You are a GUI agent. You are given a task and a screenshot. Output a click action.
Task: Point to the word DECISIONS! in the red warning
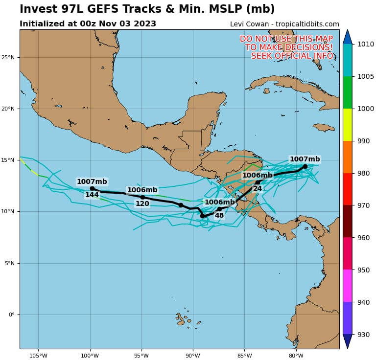click(x=309, y=47)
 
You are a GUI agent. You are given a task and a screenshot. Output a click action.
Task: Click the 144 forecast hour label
click(x=92, y=195)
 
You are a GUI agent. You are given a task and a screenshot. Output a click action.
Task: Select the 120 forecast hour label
click(x=142, y=203)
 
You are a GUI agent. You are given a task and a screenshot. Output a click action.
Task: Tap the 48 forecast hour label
click(x=219, y=215)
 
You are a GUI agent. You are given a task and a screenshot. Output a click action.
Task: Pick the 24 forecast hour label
click(x=258, y=188)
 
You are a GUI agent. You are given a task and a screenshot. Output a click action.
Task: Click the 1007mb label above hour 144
click(x=92, y=181)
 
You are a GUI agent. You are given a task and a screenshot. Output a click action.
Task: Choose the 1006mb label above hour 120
click(x=142, y=190)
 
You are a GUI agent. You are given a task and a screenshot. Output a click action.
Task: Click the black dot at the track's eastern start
click(x=305, y=166)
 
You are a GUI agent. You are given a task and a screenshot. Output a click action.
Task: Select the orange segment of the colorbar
click(x=347, y=157)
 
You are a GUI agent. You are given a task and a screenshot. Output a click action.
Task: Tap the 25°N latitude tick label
click(x=8, y=57)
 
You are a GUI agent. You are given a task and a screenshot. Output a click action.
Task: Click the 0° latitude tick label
click(x=11, y=315)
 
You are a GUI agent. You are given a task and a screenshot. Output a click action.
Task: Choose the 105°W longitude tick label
click(x=38, y=355)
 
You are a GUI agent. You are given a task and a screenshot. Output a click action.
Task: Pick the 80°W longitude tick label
click(x=296, y=355)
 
